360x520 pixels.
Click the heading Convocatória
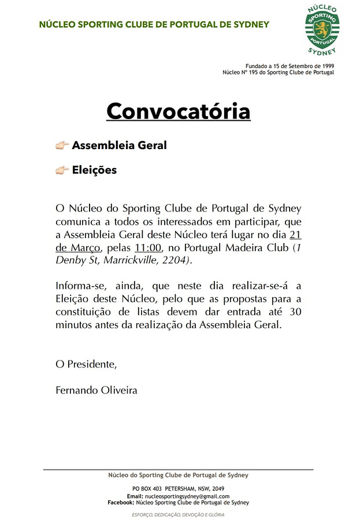[178, 110]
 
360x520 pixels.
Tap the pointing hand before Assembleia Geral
[62, 145]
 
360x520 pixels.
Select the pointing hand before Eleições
[62, 170]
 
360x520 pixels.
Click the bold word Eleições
[94, 170]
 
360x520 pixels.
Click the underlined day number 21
[295, 235]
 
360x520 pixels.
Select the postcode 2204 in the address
[175, 261]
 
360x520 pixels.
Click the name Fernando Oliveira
[97, 390]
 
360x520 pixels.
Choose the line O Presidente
[86, 364]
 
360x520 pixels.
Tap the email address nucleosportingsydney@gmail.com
[187, 496]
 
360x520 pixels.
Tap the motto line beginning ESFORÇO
[178, 514]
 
